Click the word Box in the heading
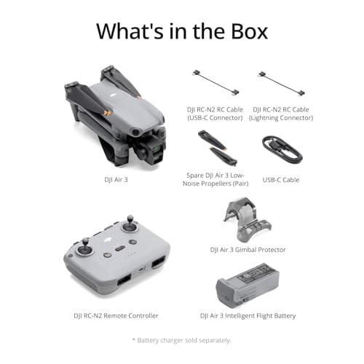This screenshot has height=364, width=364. click(x=242, y=31)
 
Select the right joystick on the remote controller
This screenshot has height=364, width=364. click(x=132, y=225)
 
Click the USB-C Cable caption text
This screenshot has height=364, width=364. click(x=280, y=180)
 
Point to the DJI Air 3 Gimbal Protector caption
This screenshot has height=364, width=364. click(x=248, y=250)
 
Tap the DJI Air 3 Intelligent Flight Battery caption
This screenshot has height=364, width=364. click(x=248, y=315)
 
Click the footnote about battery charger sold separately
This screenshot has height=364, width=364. click(x=181, y=339)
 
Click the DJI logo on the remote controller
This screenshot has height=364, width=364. click(x=108, y=232)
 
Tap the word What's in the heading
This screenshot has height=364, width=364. click(x=133, y=31)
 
